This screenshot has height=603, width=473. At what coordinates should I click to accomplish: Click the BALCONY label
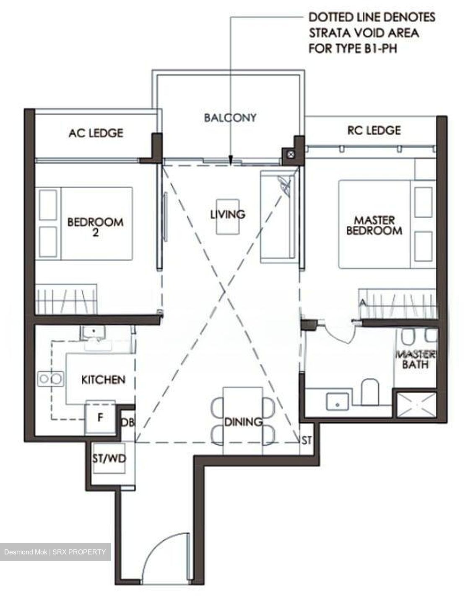coord(230,118)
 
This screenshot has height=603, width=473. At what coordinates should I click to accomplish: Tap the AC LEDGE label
coord(96,133)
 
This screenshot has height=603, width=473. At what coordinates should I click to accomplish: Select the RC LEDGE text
coord(374,130)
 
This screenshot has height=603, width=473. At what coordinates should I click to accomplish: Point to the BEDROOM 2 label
coord(95,227)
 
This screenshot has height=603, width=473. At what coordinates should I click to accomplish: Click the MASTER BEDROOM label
coord(374,225)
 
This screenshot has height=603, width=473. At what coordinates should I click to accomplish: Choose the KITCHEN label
coord(103,380)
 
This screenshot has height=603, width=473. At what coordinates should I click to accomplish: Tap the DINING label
coord(243,422)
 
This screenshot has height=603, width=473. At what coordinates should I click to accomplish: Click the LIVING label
coord(228,214)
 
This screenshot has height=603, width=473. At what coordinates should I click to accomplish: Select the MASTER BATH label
coord(416,360)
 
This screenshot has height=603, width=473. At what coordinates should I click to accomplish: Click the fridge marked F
coord(100,417)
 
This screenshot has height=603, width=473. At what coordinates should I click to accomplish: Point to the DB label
coord(128,423)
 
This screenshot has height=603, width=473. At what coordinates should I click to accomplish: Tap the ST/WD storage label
coord(109,459)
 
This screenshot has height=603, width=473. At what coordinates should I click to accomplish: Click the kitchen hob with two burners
coord(51,379)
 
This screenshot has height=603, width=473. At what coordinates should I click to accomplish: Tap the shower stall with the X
coord(416,405)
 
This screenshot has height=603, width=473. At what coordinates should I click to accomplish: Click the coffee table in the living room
coord(228,217)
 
